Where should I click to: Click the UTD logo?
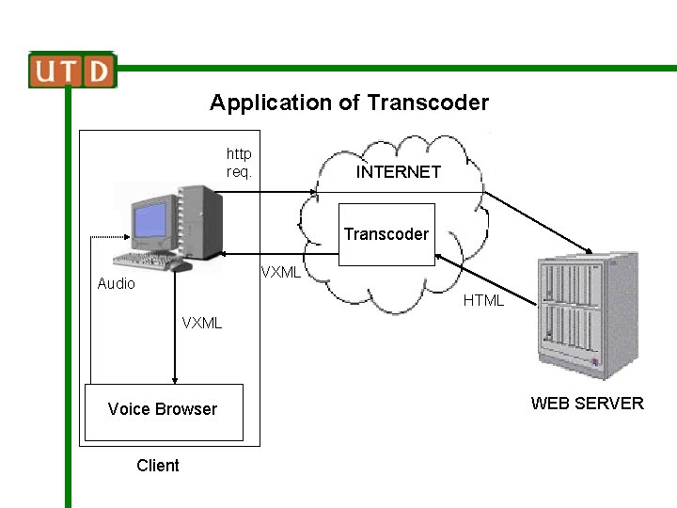point(72,71)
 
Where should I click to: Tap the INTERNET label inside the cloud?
point(398,172)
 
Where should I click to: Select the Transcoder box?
point(386,234)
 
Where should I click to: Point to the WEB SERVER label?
point(587,404)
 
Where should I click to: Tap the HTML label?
point(483,301)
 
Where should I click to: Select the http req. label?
point(239,163)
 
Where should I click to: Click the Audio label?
point(116,284)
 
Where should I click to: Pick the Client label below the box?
point(157,466)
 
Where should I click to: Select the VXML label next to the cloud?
point(280,273)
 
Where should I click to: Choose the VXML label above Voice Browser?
point(202,324)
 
